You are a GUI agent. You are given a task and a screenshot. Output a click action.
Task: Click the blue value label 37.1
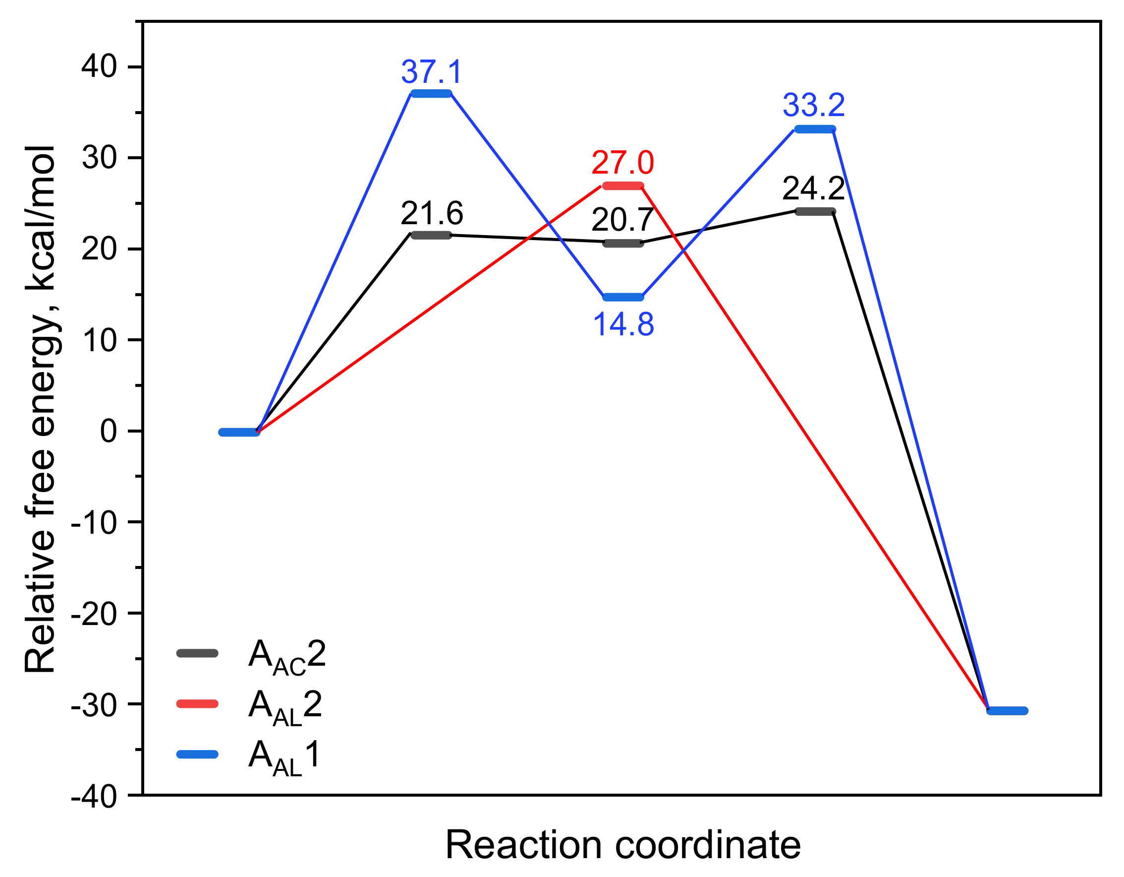(432, 71)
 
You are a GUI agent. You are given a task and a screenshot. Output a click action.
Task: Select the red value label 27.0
(623, 163)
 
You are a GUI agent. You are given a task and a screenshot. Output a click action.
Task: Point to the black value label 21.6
(432, 213)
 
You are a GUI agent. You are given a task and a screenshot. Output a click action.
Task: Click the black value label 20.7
(623, 220)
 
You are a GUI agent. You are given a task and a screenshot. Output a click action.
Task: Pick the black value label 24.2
(814, 188)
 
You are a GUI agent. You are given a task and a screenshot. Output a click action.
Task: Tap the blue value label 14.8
(623, 324)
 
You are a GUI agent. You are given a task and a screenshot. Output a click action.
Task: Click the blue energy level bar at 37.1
(431, 94)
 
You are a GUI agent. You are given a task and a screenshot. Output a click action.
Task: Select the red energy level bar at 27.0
(623, 186)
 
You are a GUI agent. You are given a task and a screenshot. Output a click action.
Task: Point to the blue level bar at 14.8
(623, 297)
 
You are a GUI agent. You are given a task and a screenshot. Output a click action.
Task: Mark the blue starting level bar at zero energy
(239, 432)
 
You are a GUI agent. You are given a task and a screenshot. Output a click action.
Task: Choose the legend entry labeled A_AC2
(286, 656)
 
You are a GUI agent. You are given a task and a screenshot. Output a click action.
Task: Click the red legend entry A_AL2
(285, 705)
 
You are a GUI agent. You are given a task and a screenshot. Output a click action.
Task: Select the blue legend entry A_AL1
(284, 756)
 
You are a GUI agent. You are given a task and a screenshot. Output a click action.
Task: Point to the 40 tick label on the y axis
(99, 67)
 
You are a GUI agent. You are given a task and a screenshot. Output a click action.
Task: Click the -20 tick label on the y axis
(94, 614)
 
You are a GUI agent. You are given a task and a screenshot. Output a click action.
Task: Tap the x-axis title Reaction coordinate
(623, 845)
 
